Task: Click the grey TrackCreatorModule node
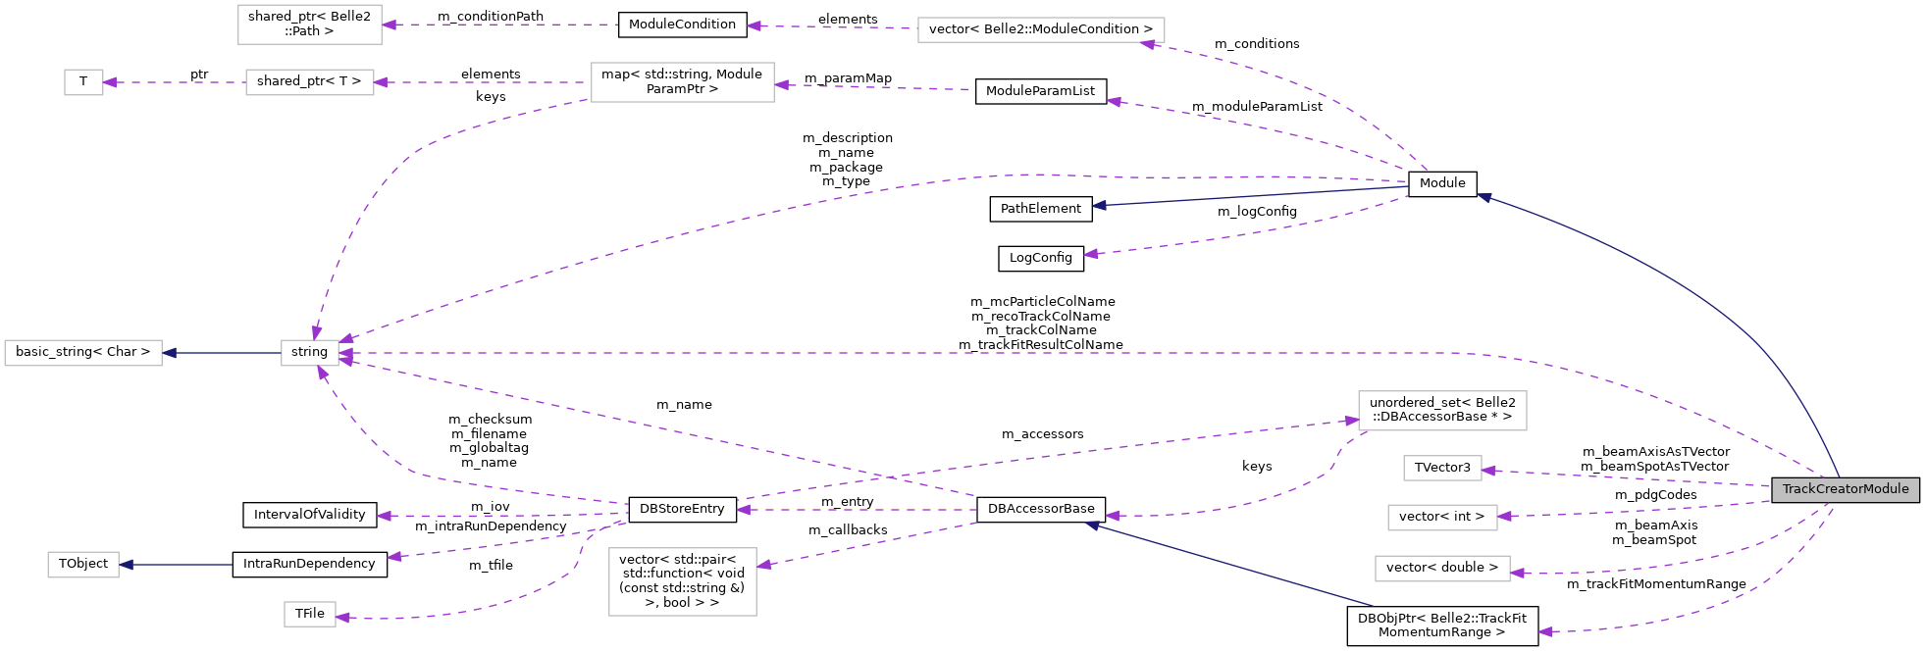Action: click(x=1845, y=489)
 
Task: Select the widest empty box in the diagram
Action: click(x=1041, y=30)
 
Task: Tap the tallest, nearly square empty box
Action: click(x=683, y=581)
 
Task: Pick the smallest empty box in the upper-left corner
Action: click(x=83, y=82)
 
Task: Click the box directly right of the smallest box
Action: click(x=309, y=82)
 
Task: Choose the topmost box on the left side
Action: click(x=309, y=25)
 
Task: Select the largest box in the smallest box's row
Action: click(x=682, y=82)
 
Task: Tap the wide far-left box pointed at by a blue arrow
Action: click(x=83, y=353)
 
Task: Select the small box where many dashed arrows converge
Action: click(x=310, y=353)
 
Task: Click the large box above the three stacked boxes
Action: click(x=1442, y=411)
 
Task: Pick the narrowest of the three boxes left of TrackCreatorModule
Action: click(x=1442, y=469)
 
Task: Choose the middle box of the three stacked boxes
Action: click(x=1442, y=518)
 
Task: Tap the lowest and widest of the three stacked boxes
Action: click(x=1442, y=569)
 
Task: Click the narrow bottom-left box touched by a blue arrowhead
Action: click(x=83, y=565)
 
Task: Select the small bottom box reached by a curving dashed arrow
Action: click(x=310, y=614)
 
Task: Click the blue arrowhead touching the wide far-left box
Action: click(x=170, y=353)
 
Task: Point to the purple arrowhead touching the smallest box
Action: click(x=110, y=82)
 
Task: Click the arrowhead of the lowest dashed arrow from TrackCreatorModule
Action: click(x=1545, y=631)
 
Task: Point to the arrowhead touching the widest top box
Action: click(x=1147, y=44)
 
